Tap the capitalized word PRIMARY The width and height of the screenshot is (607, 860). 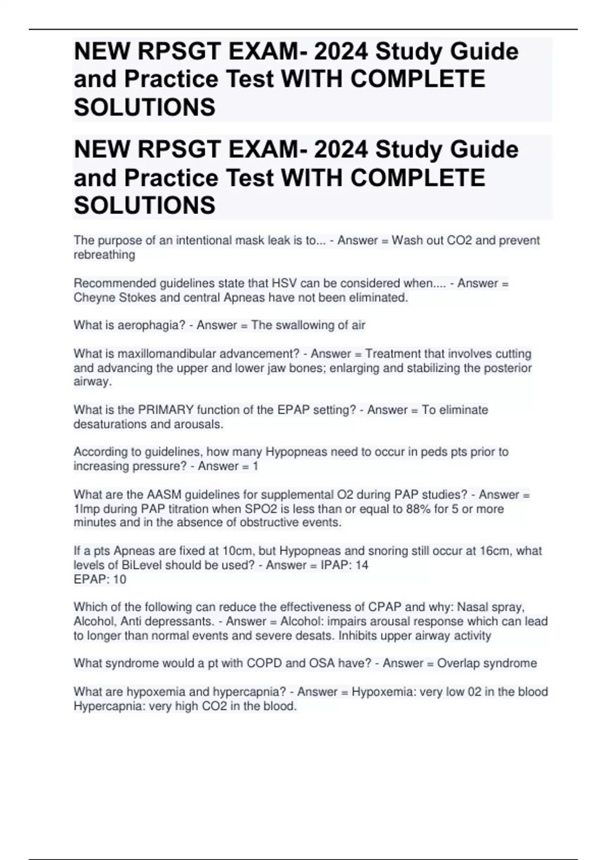point(165,410)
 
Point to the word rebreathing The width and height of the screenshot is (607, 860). point(104,255)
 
